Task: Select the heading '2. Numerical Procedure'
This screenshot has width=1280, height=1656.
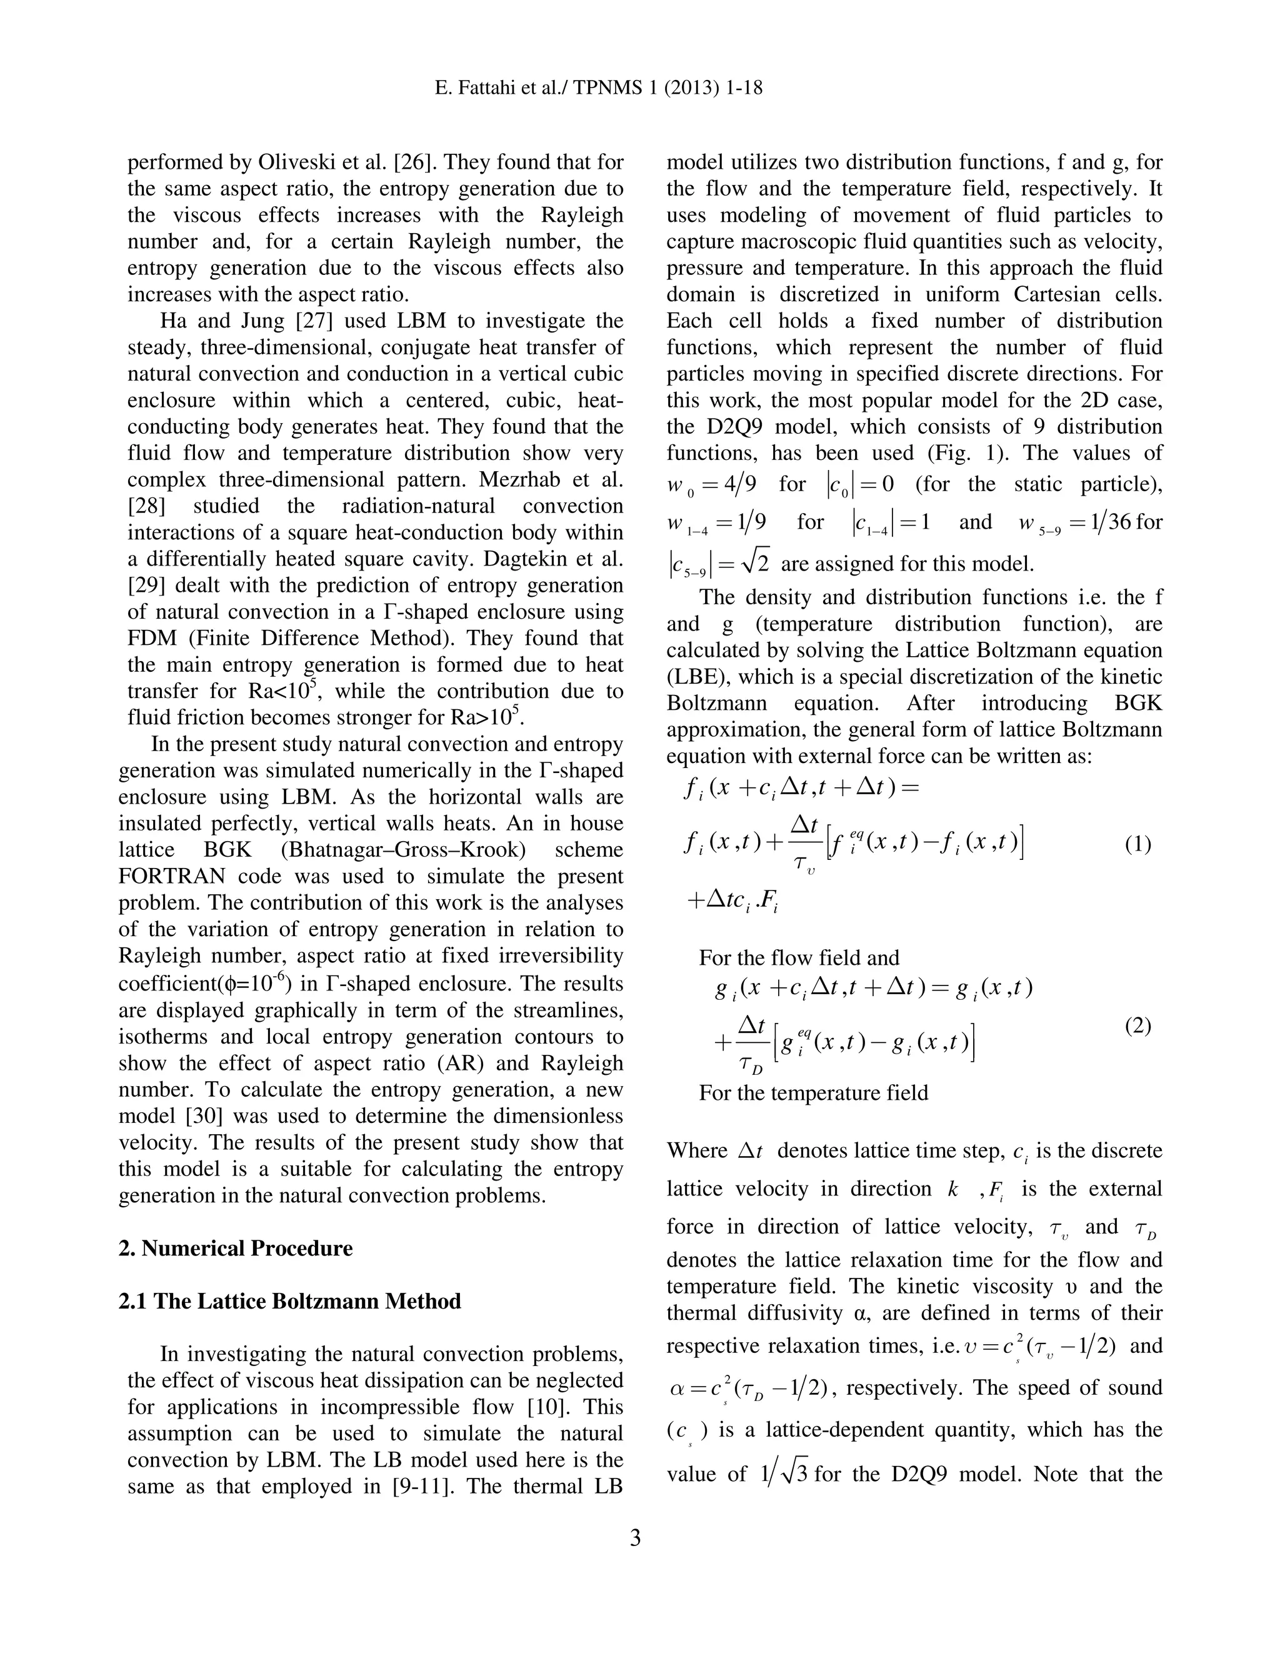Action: [x=236, y=1248]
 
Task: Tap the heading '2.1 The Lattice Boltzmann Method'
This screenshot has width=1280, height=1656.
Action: [x=289, y=1301]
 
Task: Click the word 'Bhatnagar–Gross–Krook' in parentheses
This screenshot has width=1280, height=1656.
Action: [x=402, y=849]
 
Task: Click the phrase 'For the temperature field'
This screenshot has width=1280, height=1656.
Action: [x=813, y=1092]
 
